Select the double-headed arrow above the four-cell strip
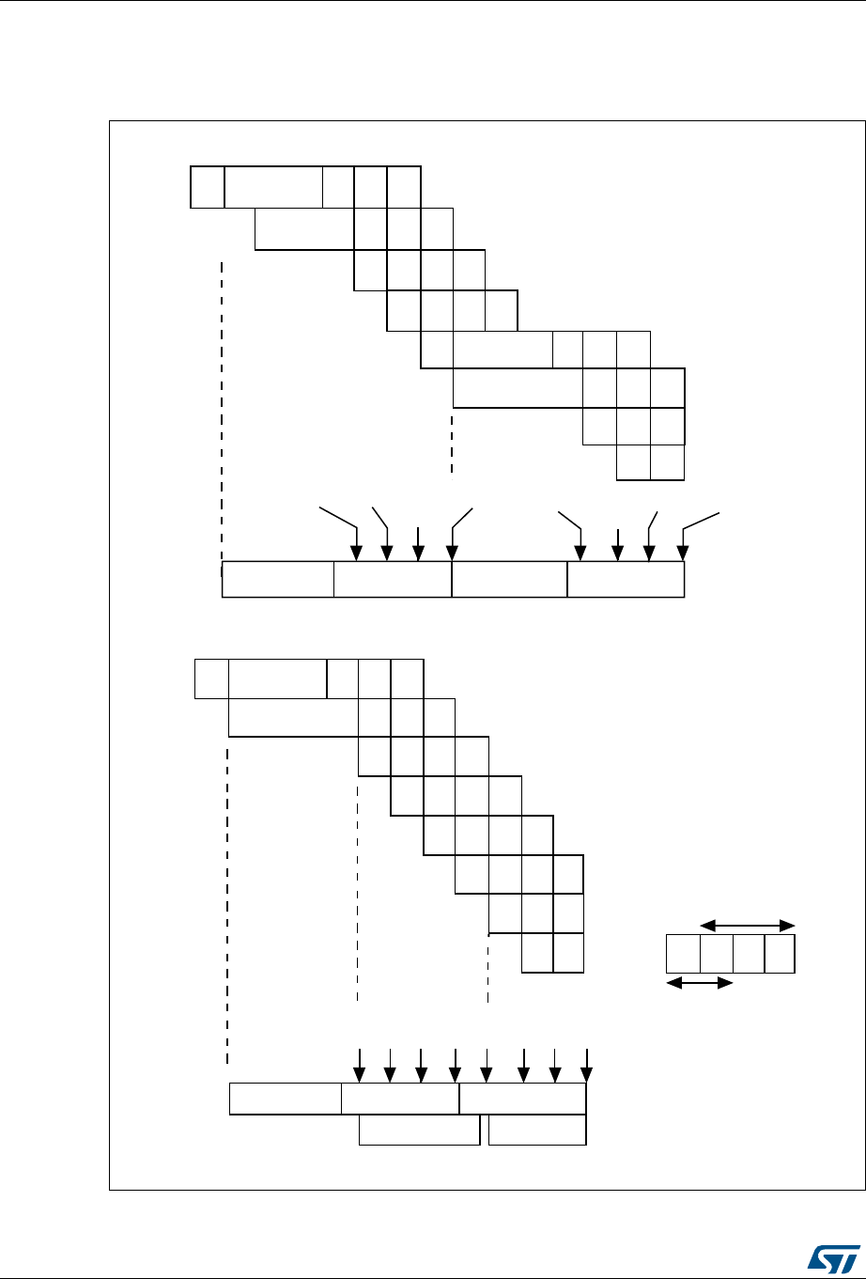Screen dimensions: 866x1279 tap(748, 926)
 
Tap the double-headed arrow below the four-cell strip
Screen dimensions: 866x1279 tap(699, 984)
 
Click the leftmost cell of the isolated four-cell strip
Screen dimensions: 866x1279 tap(683, 954)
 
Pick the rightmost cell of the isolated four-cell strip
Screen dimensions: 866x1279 tap(780, 954)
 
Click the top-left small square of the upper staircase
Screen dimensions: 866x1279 tap(208, 186)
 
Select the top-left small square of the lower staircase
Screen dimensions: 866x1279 tap(211, 679)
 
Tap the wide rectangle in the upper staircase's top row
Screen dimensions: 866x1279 tap(273, 186)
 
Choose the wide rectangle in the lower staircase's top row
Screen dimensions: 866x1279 tap(278, 679)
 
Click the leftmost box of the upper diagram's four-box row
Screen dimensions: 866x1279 tap(278, 580)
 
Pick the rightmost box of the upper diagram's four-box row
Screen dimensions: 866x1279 tap(626, 580)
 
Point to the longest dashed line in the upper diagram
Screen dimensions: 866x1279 tap(222, 413)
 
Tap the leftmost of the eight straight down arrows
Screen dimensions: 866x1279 tap(358, 1064)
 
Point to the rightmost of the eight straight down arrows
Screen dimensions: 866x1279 tap(586, 1064)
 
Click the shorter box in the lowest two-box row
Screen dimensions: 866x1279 tap(537, 1131)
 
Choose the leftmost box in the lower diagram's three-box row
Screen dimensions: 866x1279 tap(286, 1099)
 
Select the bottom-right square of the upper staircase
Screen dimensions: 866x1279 tap(668, 463)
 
